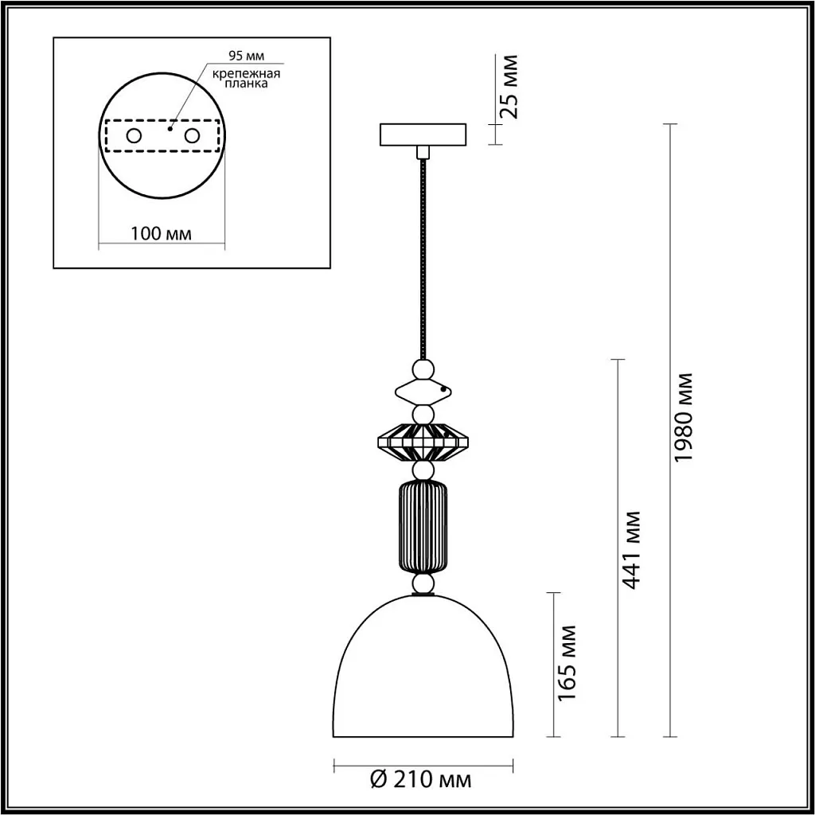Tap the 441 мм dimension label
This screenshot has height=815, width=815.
click(x=632, y=549)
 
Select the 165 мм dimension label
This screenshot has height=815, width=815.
click(x=566, y=663)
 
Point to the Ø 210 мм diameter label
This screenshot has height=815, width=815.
click(x=422, y=779)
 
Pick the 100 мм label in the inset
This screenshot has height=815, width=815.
click(x=161, y=233)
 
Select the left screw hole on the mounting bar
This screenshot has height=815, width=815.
click(x=134, y=135)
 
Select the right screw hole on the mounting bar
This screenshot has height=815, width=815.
click(x=191, y=135)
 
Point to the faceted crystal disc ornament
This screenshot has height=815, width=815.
click(x=423, y=442)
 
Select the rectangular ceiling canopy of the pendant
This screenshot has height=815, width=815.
click(x=423, y=134)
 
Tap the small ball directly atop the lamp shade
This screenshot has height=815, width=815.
click(x=423, y=585)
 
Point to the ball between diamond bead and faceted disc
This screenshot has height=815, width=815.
click(x=423, y=414)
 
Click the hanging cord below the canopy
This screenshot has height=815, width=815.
click(x=423, y=255)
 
